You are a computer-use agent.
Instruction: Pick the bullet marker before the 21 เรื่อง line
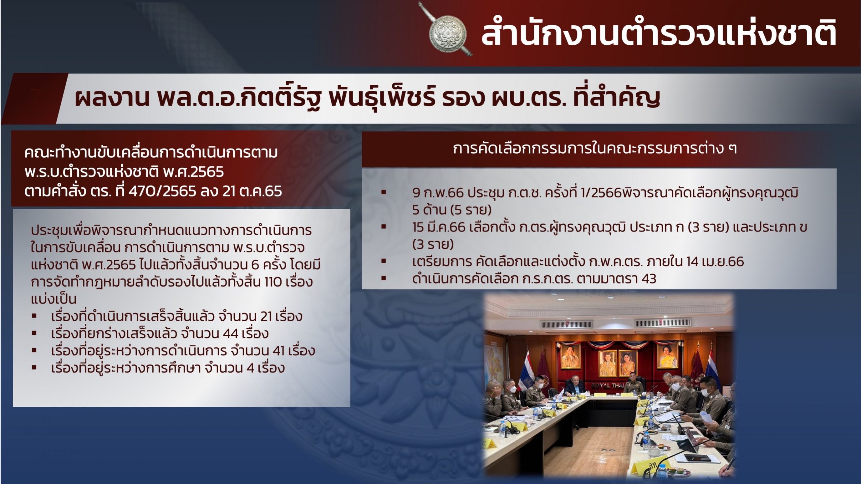click(34, 316)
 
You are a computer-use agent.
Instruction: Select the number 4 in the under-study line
click(250, 368)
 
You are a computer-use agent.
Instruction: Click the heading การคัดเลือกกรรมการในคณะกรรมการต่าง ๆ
click(595, 149)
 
